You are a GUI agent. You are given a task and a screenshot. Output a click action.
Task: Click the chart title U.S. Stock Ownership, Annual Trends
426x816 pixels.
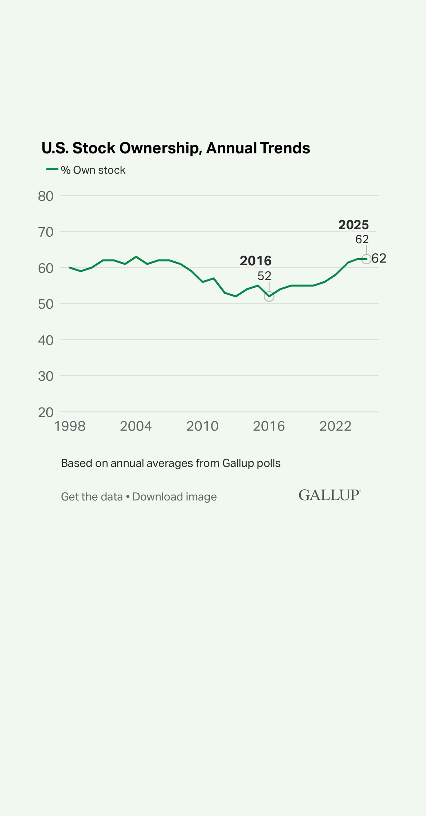coord(176,148)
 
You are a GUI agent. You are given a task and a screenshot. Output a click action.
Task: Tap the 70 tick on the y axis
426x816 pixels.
coord(46,232)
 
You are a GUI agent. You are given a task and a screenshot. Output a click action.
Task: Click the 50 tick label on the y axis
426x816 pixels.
coord(46,304)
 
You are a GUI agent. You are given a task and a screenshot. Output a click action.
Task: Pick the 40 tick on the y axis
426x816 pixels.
coord(46,340)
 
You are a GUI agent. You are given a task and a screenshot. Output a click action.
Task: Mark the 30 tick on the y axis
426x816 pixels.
coord(46,376)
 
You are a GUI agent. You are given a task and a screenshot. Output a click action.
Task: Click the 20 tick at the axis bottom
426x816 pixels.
coord(46,412)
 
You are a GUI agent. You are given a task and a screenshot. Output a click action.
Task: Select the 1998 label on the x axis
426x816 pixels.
coord(70,426)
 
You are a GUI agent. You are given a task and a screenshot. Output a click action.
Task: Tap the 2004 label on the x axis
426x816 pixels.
coord(136,426)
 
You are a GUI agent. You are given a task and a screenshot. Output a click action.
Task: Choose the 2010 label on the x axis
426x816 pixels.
coord(202,426)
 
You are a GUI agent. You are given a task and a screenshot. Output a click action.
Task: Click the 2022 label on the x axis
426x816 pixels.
coord(335,426)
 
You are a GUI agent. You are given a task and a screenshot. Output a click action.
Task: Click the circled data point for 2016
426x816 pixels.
coord(269,296)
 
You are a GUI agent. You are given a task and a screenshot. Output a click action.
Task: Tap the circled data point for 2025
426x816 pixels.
coord(366,259)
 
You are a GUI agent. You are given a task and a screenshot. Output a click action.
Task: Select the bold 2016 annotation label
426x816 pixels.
coord(256,261)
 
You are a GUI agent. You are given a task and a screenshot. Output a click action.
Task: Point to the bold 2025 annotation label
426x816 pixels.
coord(354,225)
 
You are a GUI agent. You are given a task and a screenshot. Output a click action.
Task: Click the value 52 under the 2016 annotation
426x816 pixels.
coord(264,276)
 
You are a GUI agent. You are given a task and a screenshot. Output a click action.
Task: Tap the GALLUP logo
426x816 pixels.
coord(329,495)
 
